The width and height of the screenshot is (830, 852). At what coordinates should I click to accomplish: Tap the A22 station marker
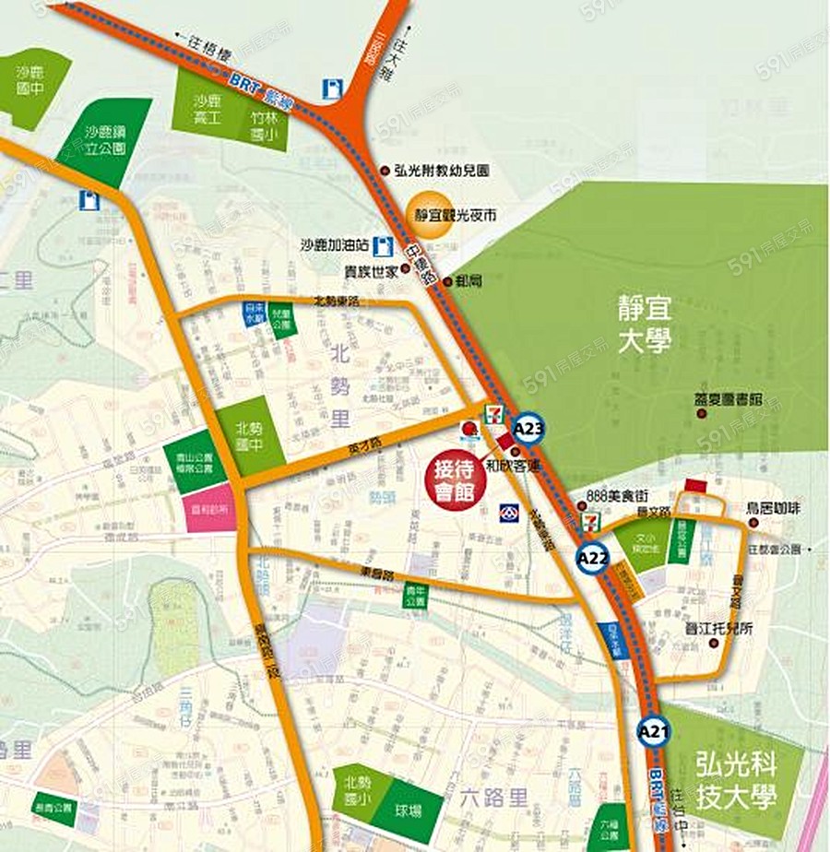594,558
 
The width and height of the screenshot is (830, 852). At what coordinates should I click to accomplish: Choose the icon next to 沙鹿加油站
385,246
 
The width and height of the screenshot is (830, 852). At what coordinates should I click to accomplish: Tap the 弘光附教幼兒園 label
440,171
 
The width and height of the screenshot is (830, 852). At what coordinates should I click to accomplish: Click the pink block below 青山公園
211,511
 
